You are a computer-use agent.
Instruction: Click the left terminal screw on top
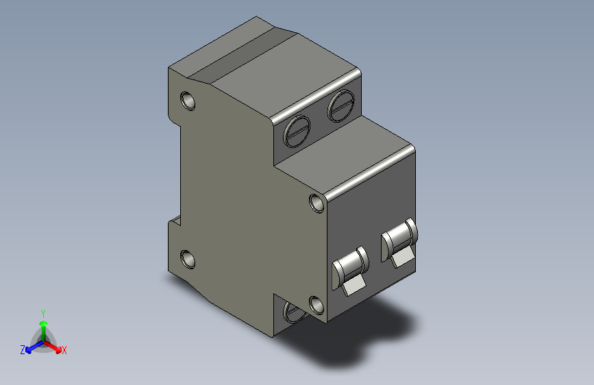tap(297, 131)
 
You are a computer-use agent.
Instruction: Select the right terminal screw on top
tap(341, 105)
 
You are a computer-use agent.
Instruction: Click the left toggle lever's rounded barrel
tap(350, 265)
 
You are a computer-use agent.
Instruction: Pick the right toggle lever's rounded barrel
tap(399, 238)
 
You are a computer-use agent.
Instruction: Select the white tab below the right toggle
tap(403, 258)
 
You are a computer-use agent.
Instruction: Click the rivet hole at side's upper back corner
tap(188, 101)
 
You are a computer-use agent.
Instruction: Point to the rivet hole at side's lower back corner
tap(188, 259)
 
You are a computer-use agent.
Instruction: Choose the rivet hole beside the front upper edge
tap(317, 203)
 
